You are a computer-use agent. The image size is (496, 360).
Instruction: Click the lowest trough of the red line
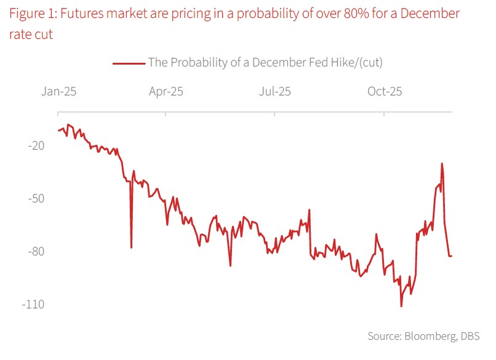pos(401,306)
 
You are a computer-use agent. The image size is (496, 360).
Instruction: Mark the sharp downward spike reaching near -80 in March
pos(131,247)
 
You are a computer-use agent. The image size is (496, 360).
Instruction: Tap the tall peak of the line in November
pos(442,164)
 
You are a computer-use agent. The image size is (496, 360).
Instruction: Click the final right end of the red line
pos(452,256)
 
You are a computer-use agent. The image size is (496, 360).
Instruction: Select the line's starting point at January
pos(58,130)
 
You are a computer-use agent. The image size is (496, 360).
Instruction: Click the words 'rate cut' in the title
pos(31,34)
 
